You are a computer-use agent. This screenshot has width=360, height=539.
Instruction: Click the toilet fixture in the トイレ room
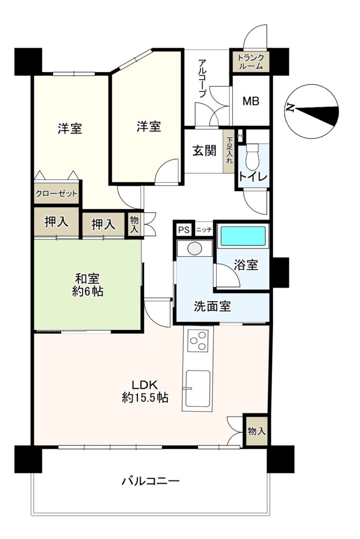click(x=253, y=156)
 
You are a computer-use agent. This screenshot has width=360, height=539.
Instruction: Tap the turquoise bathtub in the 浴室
click(x=243, y=236)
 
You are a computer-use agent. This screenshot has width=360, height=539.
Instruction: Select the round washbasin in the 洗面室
click(x=195, y=248)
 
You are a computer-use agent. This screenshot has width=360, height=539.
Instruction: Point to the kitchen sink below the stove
click(x=198, y=388)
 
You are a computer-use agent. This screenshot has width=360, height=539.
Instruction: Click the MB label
click(x=251, y=101)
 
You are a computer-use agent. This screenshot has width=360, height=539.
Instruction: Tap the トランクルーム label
click(x=251, y=62)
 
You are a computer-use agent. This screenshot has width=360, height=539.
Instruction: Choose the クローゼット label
click(x=56, y=194)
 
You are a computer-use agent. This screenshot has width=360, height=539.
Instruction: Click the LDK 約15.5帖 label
click(x=145, y=391)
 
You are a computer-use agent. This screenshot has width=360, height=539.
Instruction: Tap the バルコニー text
click(x=150, y=481)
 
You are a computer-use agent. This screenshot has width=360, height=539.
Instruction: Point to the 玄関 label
click(x=204, y=151)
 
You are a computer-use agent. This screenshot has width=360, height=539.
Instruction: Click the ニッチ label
click(x=204, y=229)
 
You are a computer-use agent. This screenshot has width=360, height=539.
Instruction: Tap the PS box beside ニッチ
click(x=184, y=229)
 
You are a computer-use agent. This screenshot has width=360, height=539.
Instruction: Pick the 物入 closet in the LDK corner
click(x=256, y=431)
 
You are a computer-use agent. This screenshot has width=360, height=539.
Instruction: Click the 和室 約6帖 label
click(x=88, y=284)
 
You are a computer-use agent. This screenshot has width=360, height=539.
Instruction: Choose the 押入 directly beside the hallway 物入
click(x=103, y=224)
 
